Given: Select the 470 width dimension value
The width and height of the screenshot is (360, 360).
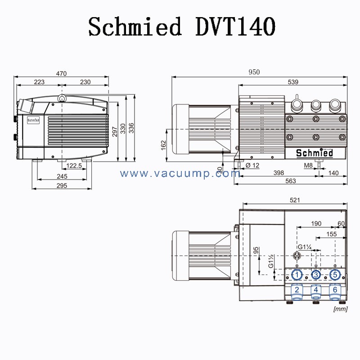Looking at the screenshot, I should click(x=62, y=73).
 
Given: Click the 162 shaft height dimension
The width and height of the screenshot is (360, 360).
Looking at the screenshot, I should click(x=164, y=144).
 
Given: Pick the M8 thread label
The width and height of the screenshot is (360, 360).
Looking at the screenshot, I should click(x=308, y=166).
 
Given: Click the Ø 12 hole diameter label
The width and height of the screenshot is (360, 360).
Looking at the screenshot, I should click(x=253, y=166).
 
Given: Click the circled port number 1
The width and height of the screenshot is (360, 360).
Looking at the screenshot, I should click(x=297, y=274).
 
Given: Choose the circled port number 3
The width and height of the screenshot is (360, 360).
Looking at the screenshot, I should click(x=316, y=274).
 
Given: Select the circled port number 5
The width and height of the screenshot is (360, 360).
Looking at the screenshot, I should click(x=334, y=274).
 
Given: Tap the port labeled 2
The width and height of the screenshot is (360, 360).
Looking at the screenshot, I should click(x=297, y=290).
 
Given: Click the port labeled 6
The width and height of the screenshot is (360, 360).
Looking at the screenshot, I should click(x=334, y=290).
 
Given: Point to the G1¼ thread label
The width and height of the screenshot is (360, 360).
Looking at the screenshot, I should click(x=304, y=247).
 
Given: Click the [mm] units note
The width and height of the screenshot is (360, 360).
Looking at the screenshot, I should click(x=340, y=309).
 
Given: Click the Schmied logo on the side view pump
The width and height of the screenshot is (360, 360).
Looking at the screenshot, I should click(x=315, y=153).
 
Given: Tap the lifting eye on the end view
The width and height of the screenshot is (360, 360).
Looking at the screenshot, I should click(x=62, y=98).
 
